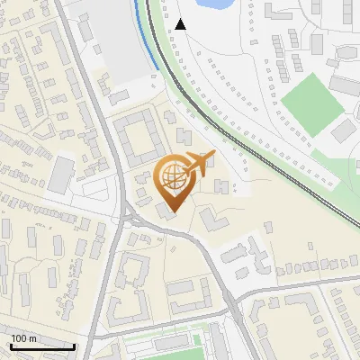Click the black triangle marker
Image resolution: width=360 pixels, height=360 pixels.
[x=181, y=24]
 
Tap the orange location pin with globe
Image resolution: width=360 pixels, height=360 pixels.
[x=173, y=181]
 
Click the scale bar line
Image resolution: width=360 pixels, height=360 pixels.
[x=41, y=346]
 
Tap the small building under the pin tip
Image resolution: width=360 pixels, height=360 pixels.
[x=167, y=211]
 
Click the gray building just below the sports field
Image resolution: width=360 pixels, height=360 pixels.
[x=344, y=130]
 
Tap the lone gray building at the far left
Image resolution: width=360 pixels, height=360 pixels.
[x=61, y=175]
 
